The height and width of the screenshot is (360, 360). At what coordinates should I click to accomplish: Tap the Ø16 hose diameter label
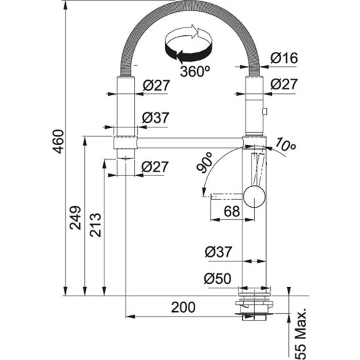(284, 58)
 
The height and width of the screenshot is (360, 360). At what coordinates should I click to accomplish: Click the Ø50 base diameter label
(217, 279)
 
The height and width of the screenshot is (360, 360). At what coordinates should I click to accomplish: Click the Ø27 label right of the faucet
(284, 85)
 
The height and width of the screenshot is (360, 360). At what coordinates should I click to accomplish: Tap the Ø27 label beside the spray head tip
(155, 167)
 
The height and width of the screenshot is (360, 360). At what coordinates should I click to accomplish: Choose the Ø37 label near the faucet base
(217, 252)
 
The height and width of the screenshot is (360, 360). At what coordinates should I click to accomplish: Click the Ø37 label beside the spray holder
(155, 118)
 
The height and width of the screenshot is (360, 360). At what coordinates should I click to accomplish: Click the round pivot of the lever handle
(254, 195)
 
